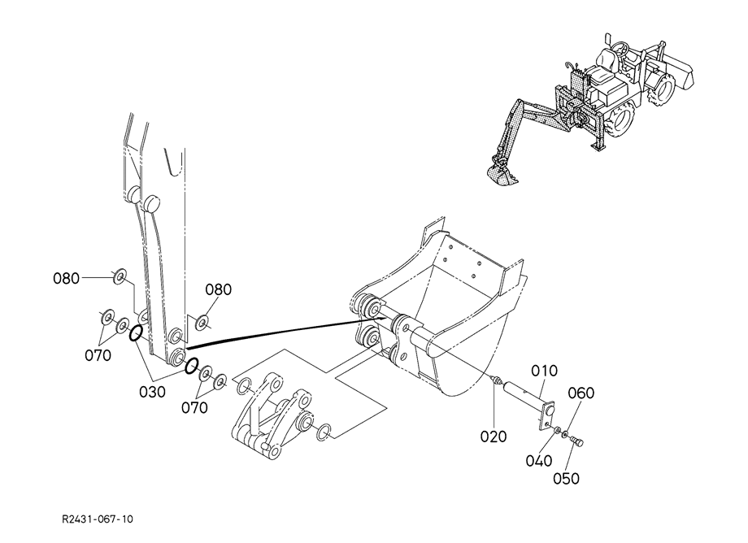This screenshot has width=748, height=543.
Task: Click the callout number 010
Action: [544, 371]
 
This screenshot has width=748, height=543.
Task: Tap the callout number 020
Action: [494, 437]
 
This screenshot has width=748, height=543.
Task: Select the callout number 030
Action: [153, 392]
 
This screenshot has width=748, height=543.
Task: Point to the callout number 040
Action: [539, 461]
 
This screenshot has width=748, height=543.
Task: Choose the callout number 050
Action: [566, 478]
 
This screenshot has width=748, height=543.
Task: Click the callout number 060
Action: [581, 393]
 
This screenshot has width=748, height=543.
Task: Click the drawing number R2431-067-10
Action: [98, 519]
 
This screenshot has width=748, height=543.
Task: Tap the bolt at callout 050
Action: [577, 442]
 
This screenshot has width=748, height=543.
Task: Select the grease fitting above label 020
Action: [496, 380]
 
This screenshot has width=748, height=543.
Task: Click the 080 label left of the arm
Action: [67, 279]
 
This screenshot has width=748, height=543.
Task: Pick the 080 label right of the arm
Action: [219, 290]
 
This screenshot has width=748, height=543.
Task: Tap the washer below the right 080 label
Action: [202, 324]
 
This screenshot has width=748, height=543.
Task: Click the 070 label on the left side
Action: [98, 356]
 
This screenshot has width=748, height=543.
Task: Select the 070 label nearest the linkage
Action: [194, 408]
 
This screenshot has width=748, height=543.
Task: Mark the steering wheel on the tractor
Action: [620, 47]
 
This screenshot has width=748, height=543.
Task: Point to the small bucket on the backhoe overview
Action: [502, 175]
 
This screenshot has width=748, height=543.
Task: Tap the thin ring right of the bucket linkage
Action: [324, 432]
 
